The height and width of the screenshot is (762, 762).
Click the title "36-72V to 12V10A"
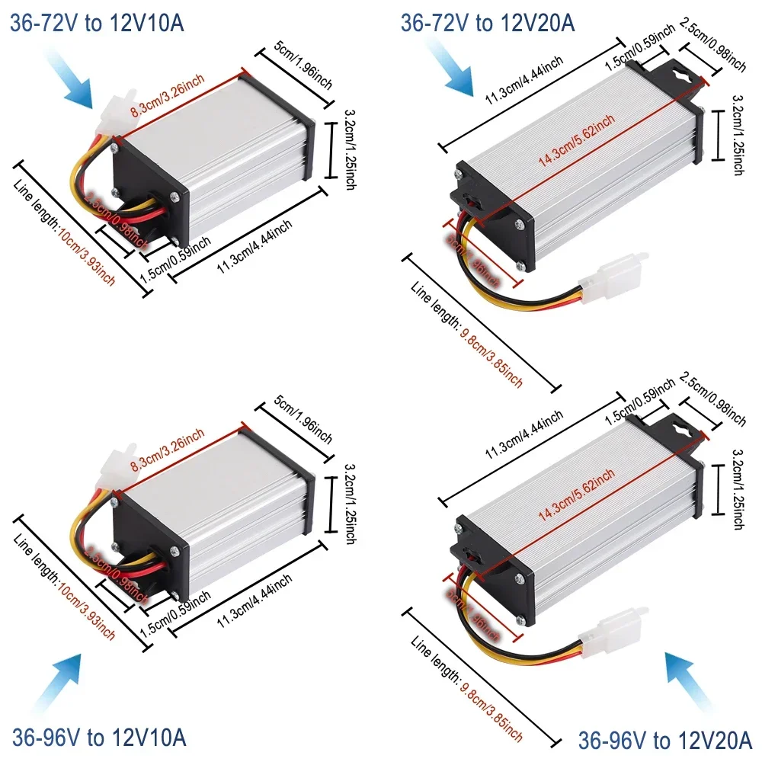[97, 23]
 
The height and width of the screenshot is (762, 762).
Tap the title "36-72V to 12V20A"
[488, 23]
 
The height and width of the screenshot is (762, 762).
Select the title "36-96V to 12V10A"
[98, 737]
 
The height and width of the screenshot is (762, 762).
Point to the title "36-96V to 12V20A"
[665, 739]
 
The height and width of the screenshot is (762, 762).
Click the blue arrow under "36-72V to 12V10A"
[77, 83]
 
